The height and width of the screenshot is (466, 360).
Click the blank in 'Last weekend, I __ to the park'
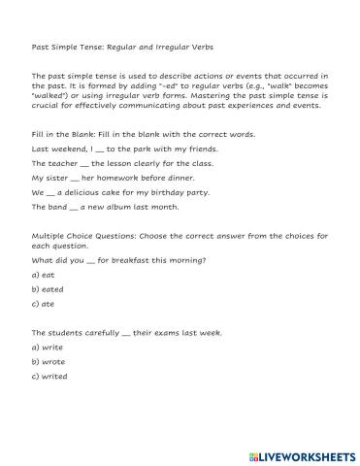point(104,150)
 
